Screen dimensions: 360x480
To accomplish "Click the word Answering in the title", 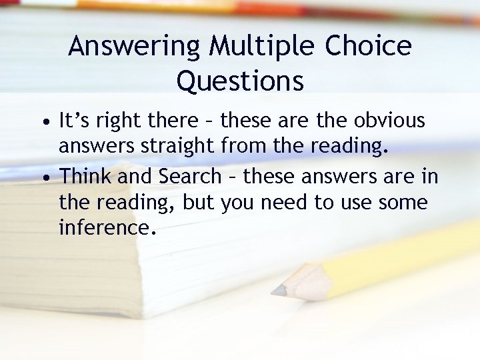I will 134,47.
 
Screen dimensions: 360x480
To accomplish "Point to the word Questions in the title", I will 240,81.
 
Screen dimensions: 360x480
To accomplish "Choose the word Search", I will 189,176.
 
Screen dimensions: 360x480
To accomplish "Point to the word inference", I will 107,229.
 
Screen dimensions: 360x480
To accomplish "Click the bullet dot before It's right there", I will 42,123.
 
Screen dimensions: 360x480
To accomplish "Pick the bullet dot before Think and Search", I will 42,177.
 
